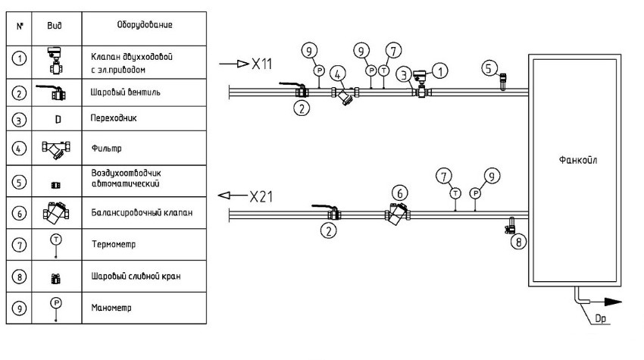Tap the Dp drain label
pyautogui.click(x=604, y=318)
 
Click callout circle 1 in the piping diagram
pyautogui.click(x=440, y=69)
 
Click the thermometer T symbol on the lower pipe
pyautogui.click(x=455, y=193)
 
